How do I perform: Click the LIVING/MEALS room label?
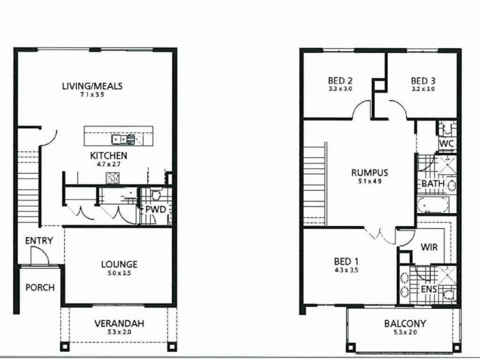click(x=92, y=86)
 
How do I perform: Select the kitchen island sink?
click(x=127, y=140)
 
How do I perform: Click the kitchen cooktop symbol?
click(x=112, y=177)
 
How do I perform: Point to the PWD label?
click(x=155, y=209)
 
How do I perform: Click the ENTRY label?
click(x=39, y=241)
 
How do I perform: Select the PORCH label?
click(x=40, y=287)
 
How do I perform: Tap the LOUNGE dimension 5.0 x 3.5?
click(x=119, y=273)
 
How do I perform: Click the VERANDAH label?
click(x=119, y=323)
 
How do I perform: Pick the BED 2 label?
click(x=340, y=80)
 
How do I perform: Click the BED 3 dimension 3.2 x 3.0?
click(x=423, y=89)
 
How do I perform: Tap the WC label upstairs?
click(x=446, y=144)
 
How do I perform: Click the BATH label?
click(x=432, y=183)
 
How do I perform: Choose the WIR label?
click(x=428, y=247)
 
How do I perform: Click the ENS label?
click(x=428, y=290)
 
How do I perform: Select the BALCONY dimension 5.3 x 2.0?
click(x=405, y=332)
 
